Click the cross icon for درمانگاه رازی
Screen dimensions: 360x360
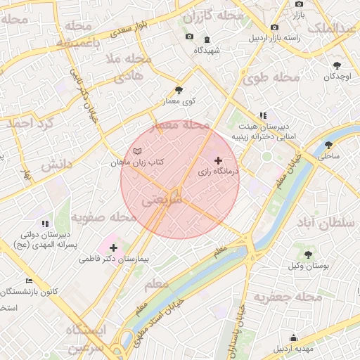click(x=218, y=161)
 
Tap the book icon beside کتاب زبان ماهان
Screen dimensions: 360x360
click(x=137, y=152)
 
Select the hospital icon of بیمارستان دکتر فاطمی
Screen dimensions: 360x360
click(x=113, y=247)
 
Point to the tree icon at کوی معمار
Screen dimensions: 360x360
click(x=179, y=90)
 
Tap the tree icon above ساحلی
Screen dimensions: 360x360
click(x=328, y=145)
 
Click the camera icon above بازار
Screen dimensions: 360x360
click(x=299, y=4)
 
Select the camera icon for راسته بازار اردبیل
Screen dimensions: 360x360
click(x=274, y=27)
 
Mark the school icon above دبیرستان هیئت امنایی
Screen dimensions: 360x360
click(x=263, y=115)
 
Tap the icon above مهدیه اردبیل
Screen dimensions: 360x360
click(x=292, y=337)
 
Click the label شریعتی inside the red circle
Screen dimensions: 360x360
click(x=162, y=200)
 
